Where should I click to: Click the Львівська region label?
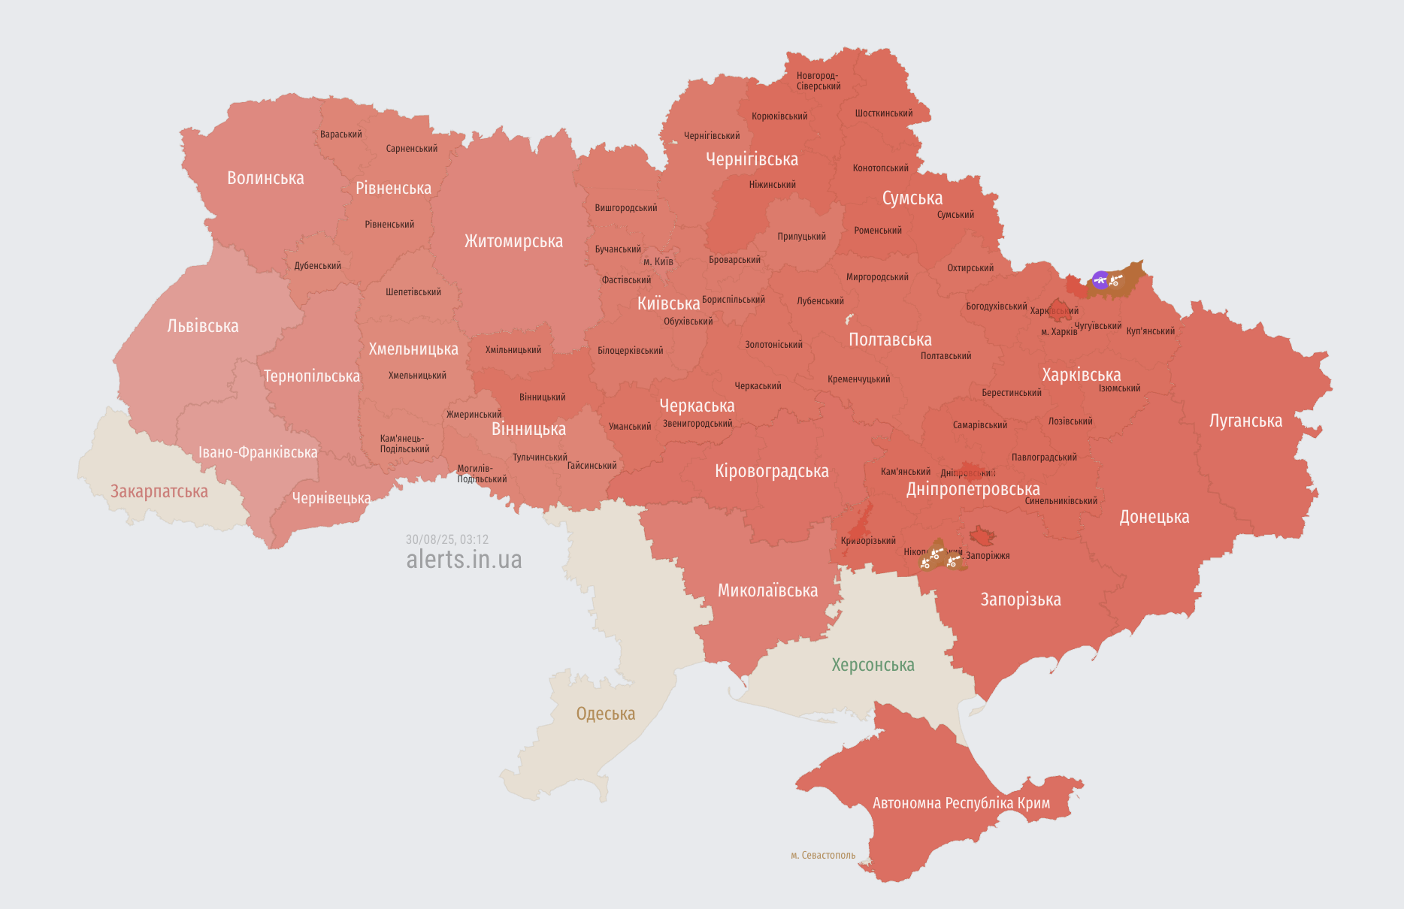pos(203,326)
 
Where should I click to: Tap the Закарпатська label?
pos(159,491)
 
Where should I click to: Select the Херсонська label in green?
pos(873,665)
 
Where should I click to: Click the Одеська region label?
pos(605,714)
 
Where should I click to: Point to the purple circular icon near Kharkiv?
pos(1100,280)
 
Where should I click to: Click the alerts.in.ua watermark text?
pos(464,560)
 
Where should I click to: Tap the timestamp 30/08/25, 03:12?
pos(447,539)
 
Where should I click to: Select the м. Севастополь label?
pos(823,855)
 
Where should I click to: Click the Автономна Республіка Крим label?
pos(961,803)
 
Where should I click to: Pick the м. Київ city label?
pos(658,262)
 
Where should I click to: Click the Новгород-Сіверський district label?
pos(818,81)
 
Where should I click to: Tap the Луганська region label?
pos(1245,421)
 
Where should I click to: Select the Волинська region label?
pos(265,178)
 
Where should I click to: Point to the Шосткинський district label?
pos(884,113)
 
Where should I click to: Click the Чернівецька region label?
pos(331,498)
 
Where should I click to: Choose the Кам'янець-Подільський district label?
pos(404,444)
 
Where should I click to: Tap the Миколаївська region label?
pos(767,590)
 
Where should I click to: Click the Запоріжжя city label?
pos(988,556)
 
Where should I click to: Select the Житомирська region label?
pos(513,241)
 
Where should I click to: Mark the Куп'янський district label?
pos(1150,331)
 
